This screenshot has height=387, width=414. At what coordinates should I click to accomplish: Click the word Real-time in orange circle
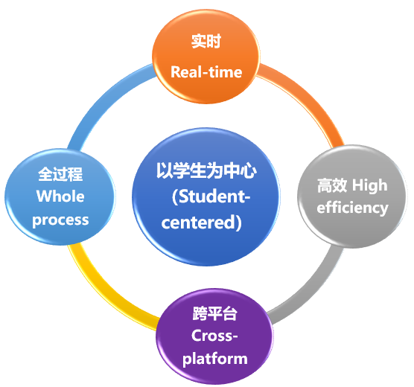coord(206,71)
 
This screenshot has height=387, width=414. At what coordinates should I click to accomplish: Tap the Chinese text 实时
coord(206,41)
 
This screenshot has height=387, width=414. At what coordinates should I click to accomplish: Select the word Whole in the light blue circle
coord(60,196)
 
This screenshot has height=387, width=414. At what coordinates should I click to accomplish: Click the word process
coord(60,220)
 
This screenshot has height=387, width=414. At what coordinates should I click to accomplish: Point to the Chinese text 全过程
coord(60,174)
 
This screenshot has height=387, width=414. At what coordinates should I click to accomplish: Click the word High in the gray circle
coord(369,185)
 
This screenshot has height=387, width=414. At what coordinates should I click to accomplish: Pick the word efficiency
coord(352,208)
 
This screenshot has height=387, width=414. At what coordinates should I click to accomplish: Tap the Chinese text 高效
coord(332,185)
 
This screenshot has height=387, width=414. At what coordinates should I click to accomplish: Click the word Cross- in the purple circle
coord(214,336)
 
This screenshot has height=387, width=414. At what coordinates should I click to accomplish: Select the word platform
coord(215,359)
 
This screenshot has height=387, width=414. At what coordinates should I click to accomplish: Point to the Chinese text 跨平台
coord(214,313)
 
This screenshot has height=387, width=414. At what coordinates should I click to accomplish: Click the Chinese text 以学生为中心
coord(206,170)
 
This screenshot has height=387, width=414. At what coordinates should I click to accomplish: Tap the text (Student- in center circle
coord(211,196)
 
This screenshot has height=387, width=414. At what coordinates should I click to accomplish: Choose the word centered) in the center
coord(202,223)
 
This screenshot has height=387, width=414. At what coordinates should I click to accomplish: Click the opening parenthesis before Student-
coord(175,196)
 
